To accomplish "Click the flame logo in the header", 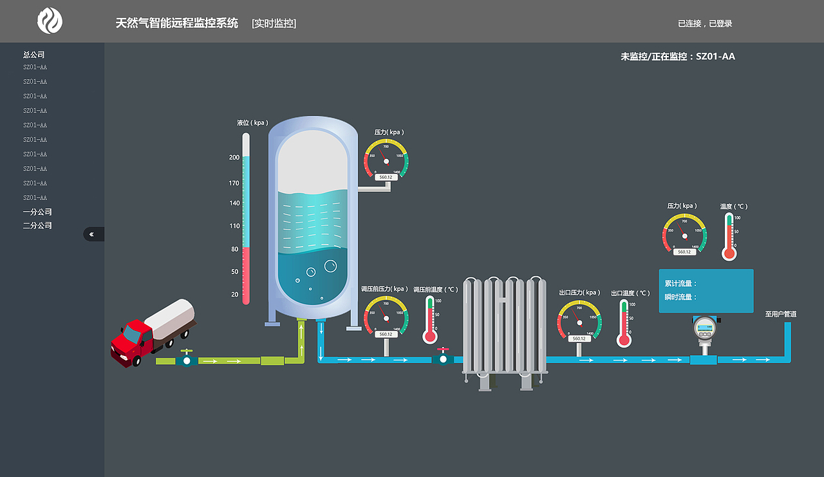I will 50,21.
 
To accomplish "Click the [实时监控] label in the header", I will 274,24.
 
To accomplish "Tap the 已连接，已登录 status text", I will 705,24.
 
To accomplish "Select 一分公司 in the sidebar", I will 37,212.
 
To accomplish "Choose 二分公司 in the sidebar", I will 37,225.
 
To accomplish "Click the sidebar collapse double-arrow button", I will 92,234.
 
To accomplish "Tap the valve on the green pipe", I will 187,360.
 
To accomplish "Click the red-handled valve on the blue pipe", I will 442,357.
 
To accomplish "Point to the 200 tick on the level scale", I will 234,158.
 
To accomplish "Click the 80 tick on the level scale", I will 234,249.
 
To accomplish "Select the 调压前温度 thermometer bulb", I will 430,336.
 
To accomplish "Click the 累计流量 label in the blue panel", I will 680,283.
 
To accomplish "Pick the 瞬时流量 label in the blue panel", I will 680,297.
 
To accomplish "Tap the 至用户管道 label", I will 781,314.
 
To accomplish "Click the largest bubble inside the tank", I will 331,266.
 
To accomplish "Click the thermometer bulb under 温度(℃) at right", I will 729,253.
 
